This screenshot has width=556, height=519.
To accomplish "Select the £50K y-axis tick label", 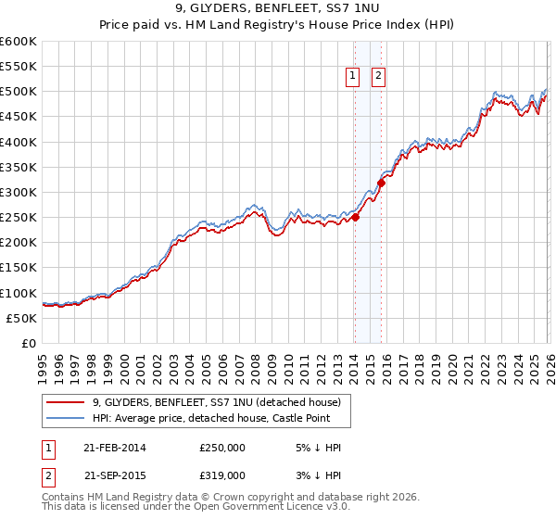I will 21,318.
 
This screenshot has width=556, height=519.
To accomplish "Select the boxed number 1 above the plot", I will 354,78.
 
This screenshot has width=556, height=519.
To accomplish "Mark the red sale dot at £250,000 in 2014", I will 356,218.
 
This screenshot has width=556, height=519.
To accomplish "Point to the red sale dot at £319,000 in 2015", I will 381,184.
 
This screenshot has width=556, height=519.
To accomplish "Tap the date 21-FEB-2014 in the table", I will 114,448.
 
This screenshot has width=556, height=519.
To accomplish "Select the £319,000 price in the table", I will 222,475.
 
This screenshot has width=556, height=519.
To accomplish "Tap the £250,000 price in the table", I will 222,448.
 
